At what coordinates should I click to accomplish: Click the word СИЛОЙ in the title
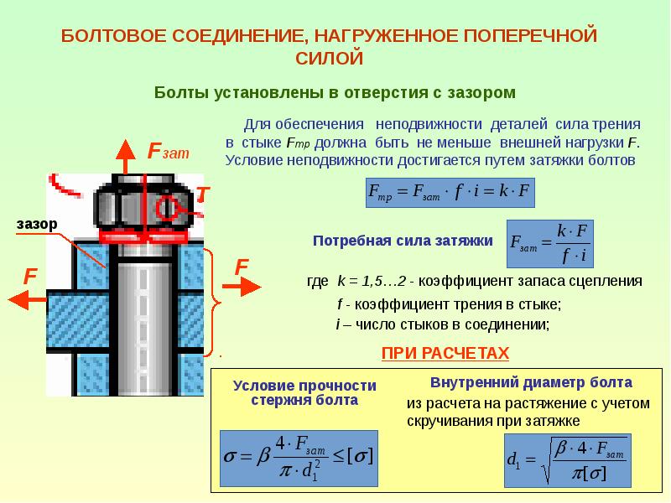coord(330,58)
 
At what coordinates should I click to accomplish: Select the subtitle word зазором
coord(476,91)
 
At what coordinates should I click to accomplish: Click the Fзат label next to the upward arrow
coord(168,152)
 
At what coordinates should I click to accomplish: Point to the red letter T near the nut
coord(202,194)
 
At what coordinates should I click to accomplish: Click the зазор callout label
coord(35,224)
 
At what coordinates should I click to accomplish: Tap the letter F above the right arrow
coord(242,267)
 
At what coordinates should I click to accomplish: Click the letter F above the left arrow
coord(30,276)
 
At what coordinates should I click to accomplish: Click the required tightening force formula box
coord(549,242)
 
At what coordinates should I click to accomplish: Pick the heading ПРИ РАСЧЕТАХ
coord(445,354)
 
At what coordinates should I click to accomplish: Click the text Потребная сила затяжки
coord(403,241)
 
